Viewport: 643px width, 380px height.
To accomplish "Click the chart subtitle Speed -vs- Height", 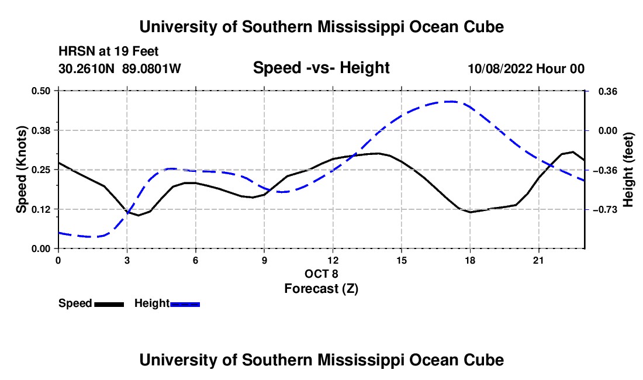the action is coord(321,68).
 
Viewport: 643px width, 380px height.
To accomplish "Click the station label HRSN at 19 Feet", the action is coord(108,51).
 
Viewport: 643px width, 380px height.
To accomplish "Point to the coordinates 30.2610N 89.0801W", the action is coord(120,68).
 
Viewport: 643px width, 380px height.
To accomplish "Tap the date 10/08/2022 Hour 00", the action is coord(526,68).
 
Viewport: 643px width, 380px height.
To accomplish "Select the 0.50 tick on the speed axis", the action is coord(41,91).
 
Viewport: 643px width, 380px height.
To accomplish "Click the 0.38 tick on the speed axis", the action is coord(41,130).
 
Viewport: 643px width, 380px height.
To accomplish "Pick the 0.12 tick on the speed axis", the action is coord(41,209).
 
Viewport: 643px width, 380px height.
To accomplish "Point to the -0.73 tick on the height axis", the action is coord(604,209).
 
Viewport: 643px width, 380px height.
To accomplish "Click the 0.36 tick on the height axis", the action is coord(608,91).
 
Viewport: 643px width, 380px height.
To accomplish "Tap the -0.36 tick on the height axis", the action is coord(604,170).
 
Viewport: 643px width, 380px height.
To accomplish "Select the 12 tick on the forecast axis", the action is coord(333,260).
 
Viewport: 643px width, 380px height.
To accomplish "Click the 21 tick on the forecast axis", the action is coord(538,260).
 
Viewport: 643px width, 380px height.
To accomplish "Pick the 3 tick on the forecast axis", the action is coord(127,260).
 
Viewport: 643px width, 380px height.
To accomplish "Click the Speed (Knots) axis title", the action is coord(21,170).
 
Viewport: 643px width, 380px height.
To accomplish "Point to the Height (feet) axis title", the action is coord(628,170).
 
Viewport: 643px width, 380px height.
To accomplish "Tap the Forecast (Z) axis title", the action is coord(321,289).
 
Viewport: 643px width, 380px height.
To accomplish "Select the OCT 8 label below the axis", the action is coord(321,274).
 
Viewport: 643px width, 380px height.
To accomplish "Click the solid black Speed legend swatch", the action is coord(109,304).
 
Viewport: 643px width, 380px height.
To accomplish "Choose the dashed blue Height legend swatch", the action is coord(185,304).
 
